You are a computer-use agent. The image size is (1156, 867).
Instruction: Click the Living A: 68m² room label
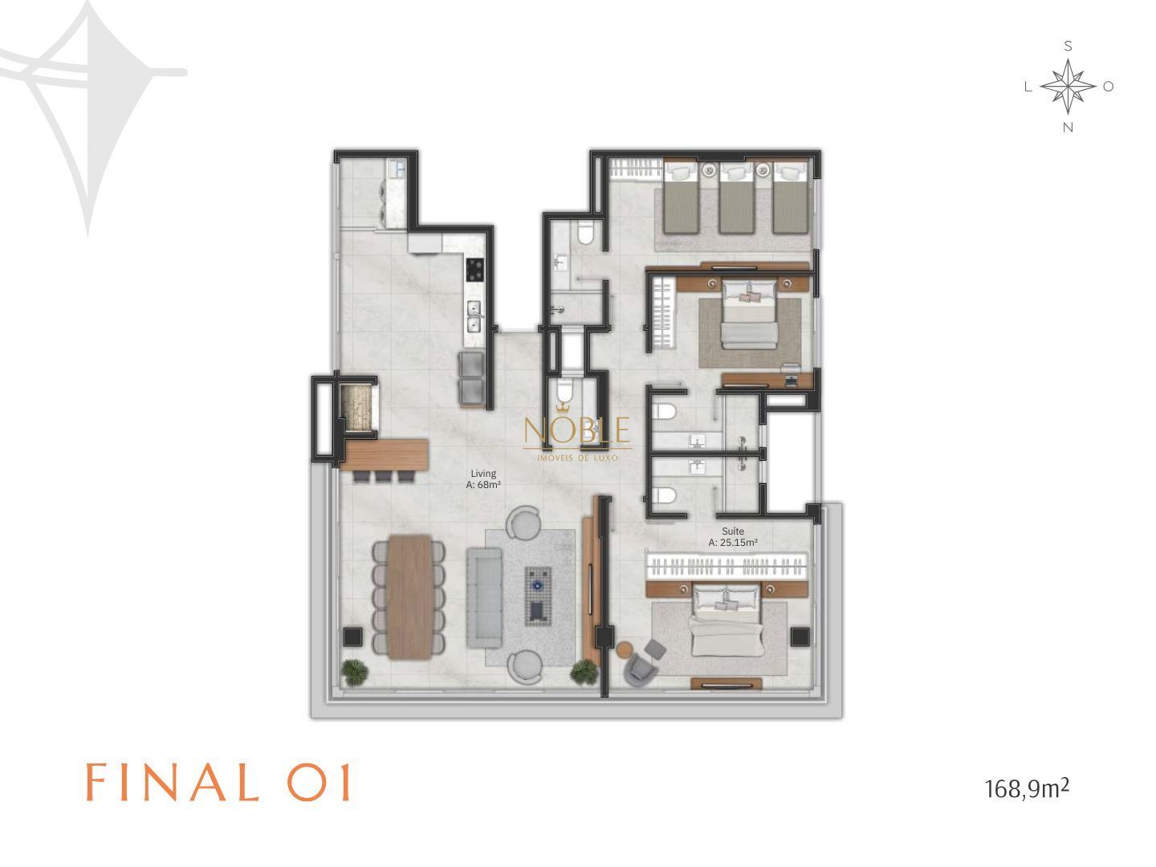482,479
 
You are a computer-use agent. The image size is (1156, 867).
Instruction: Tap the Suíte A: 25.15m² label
733,536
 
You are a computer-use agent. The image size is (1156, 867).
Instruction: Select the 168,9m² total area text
1027,788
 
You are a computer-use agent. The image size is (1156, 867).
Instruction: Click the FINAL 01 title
218,782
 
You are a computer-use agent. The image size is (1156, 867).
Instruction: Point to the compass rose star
1068,87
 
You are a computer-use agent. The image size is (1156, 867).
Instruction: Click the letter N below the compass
1068,128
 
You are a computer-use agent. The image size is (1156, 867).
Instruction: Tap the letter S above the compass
1068,47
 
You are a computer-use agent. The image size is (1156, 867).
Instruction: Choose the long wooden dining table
409,596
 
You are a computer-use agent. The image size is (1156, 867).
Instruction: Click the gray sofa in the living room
483,597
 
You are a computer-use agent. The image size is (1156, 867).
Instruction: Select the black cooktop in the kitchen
474,270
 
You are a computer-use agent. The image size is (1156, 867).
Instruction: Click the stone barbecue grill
356,408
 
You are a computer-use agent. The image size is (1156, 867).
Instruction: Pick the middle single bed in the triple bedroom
735,198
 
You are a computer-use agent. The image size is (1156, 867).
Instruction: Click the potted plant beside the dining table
354,672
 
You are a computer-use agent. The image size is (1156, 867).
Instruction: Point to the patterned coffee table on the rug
538,596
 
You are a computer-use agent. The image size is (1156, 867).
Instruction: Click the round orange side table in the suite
625,649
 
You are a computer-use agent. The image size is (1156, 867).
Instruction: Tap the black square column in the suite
800,637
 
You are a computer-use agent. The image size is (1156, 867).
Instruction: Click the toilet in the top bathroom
584,232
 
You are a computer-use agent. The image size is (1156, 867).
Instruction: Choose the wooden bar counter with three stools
385,456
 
